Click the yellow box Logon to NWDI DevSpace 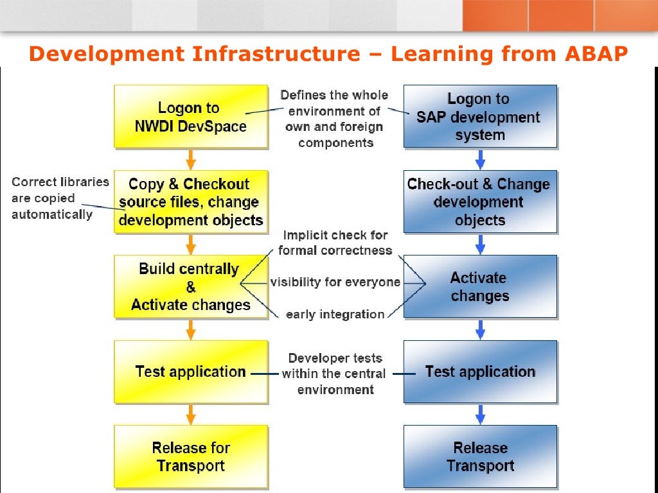coord(191,117)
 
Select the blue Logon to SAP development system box coord(480,117)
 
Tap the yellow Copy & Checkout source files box coord(191,202)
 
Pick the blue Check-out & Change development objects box coord(480,202)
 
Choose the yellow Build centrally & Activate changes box coord(191,286)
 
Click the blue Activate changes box coord(480,286)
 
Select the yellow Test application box coord(191,372)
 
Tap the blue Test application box coord(480,372)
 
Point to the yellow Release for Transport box coord(191,456)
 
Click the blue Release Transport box coord(480,456)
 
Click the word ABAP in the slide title coord(596,54)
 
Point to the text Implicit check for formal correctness coord(335,243)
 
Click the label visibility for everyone coord(335,282)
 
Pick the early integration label coord(335,314)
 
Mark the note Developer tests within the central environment coord(335,374)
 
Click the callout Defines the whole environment coord(334,119)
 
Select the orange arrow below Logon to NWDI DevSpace coord(191,159)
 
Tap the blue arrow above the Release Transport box coord(480,414)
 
